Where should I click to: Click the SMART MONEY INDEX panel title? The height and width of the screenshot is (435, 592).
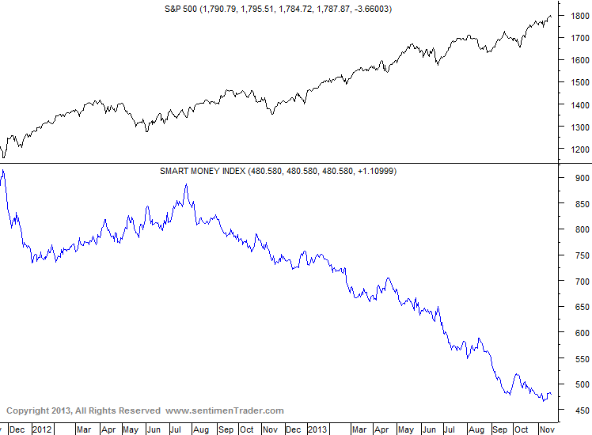click(x=201, y=171)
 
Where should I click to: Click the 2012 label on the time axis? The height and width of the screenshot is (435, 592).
click(x=42, y=429)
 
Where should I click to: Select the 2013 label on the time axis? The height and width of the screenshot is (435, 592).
click(x=317, y=429)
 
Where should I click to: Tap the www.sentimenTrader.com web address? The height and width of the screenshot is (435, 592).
click(x=224, y=410)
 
